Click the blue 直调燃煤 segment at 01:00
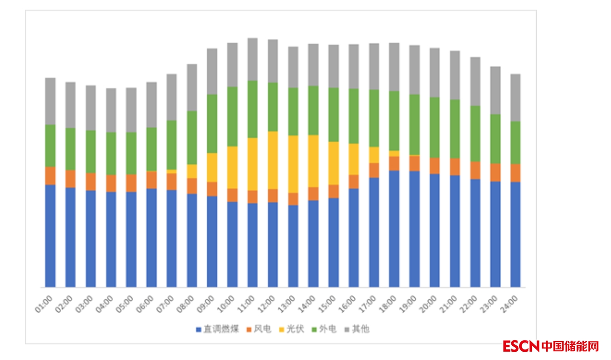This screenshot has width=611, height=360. pos(50,236)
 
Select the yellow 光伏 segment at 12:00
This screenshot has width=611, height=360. pos(273,160)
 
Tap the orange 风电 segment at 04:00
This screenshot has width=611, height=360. pos(111,183)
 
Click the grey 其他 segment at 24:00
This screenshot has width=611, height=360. pos(516,97)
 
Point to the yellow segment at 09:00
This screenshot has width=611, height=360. pos(212,167)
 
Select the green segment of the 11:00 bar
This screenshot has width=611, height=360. pos(253,109)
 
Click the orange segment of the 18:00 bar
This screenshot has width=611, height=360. pos(394,163)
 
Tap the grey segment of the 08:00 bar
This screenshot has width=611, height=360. pos(192,87)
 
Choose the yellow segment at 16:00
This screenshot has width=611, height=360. pos(354,159)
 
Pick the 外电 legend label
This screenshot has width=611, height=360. pos(328,329)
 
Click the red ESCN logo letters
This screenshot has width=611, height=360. pos(521,346)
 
